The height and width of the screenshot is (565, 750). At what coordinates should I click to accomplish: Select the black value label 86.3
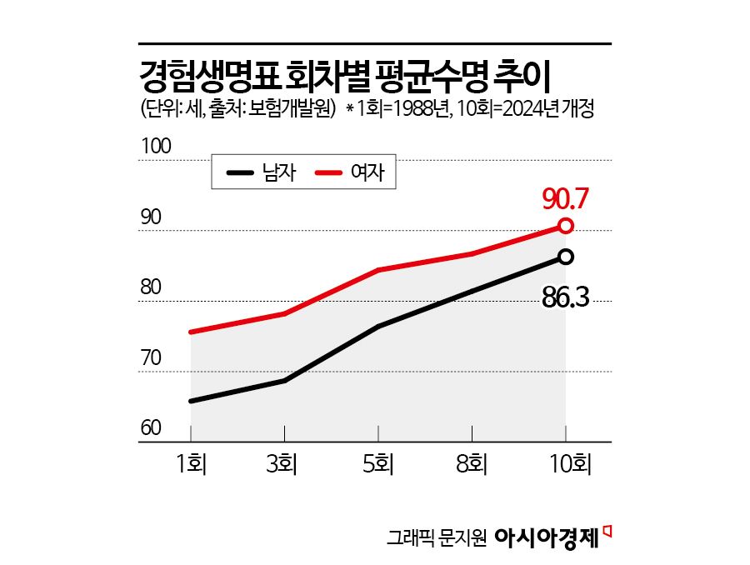(566, 296)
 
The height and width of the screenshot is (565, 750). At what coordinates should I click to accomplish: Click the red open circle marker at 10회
(566, 226)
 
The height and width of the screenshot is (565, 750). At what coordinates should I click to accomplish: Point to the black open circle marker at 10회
(566, 257)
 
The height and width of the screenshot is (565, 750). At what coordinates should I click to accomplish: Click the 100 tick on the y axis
(156, 147)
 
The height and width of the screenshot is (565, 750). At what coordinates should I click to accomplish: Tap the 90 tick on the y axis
(151, 217)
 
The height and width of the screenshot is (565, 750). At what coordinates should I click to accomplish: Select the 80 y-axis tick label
(151, 288)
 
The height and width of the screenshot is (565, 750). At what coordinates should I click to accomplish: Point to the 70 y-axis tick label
(151, 359)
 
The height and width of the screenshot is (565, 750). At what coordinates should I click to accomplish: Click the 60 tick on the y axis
(151, 429)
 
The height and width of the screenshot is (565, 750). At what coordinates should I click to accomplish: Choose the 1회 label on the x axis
(191, 463)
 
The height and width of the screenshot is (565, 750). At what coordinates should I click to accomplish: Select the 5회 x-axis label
(378, 463)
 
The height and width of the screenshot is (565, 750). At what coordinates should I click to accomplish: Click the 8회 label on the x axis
(472, 463)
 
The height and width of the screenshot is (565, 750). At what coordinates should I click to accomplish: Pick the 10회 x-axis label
(566, 463)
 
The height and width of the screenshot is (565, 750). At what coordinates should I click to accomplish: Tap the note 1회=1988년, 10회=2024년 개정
(474, 109)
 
